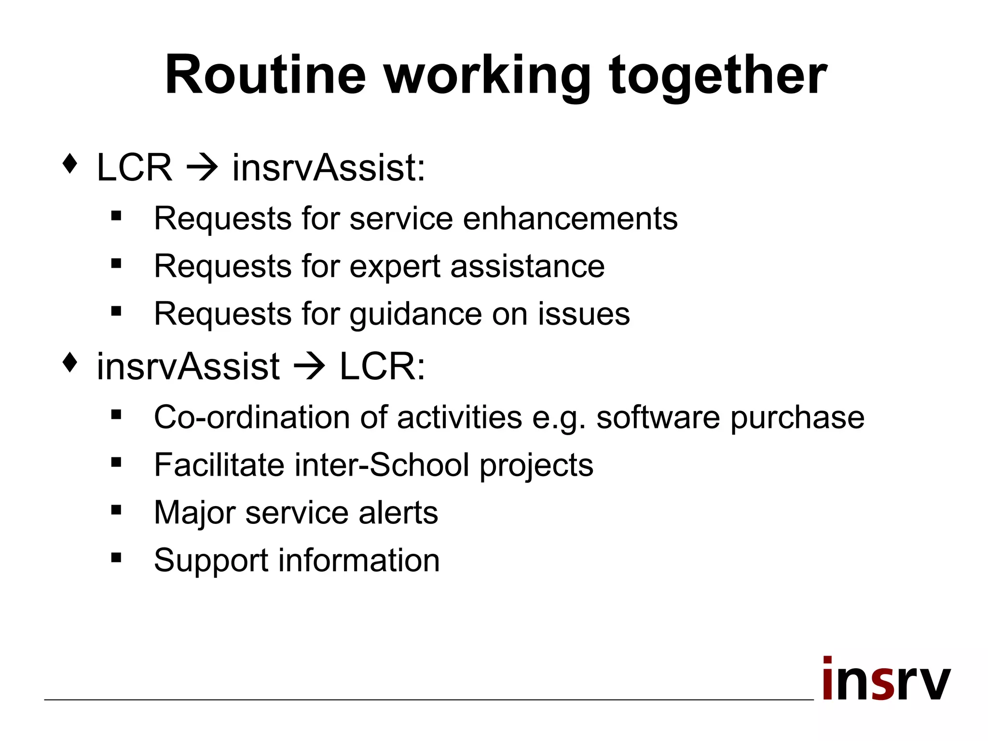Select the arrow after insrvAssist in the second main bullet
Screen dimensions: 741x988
(310, 366)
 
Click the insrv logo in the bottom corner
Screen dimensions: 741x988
(886, 679)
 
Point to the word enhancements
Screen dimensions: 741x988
(570, 218)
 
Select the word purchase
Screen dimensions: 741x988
(797, 418)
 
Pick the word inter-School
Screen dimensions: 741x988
(382, 465)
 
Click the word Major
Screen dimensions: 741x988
(195, 513)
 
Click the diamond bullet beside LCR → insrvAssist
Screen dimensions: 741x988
(70, 164)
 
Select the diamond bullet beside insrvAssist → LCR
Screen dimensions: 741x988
(70, 362)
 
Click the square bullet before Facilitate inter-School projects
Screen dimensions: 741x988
(116, 463)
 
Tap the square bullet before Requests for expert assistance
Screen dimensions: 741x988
(116, 263)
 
